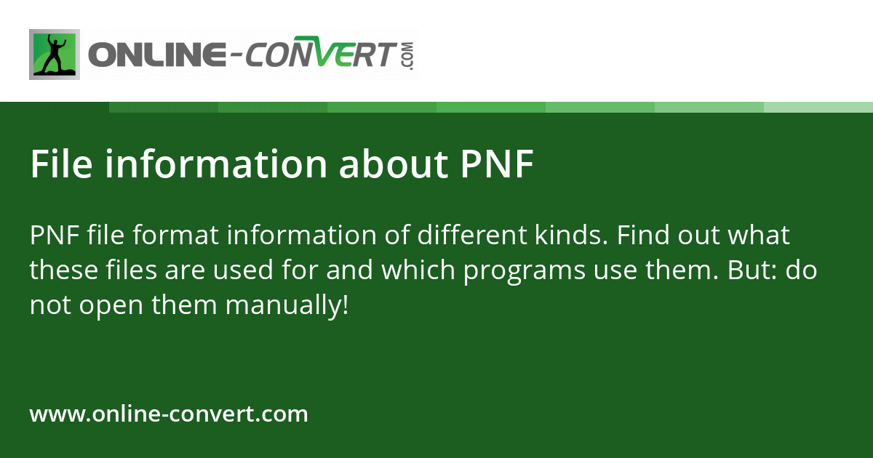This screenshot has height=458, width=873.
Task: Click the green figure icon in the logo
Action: [55, 55]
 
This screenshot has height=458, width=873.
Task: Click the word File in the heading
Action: [61, 165]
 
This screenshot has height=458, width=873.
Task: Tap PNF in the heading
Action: [498, 165]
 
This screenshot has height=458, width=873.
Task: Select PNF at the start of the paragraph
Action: [55, 236]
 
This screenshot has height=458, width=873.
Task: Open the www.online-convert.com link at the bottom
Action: [169, 414]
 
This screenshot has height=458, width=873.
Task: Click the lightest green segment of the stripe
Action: [818, 107]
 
